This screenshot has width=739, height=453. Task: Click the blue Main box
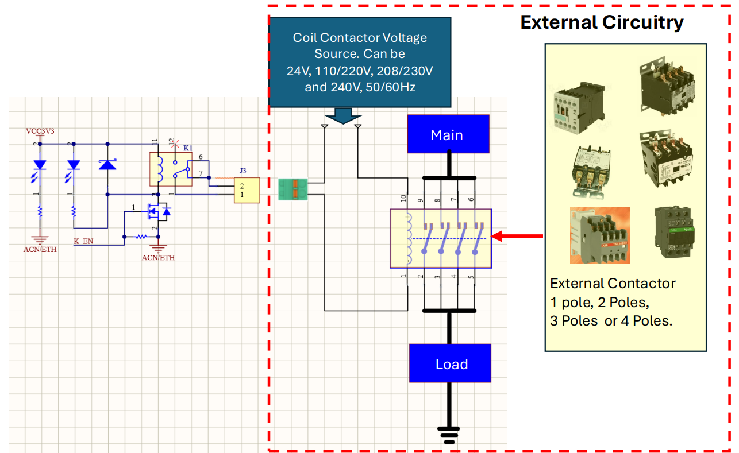pos(448,134)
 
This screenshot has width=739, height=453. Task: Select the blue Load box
pos(450,363)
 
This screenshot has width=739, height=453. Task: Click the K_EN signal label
pos(83,241)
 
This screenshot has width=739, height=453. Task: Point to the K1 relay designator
pos(188,148)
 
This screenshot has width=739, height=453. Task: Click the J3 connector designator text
pos(243,171)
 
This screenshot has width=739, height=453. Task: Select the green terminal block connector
pos(294,189)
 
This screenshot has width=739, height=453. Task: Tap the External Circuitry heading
pos(602,22)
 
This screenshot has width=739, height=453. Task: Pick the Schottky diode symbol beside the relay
pos(107,165)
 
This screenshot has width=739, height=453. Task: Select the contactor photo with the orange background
pos(599,234)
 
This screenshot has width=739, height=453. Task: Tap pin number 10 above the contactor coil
pos(404,199)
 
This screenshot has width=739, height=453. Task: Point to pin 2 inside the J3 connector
pos(242,186)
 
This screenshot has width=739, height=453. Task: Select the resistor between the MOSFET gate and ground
pos(141,236)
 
